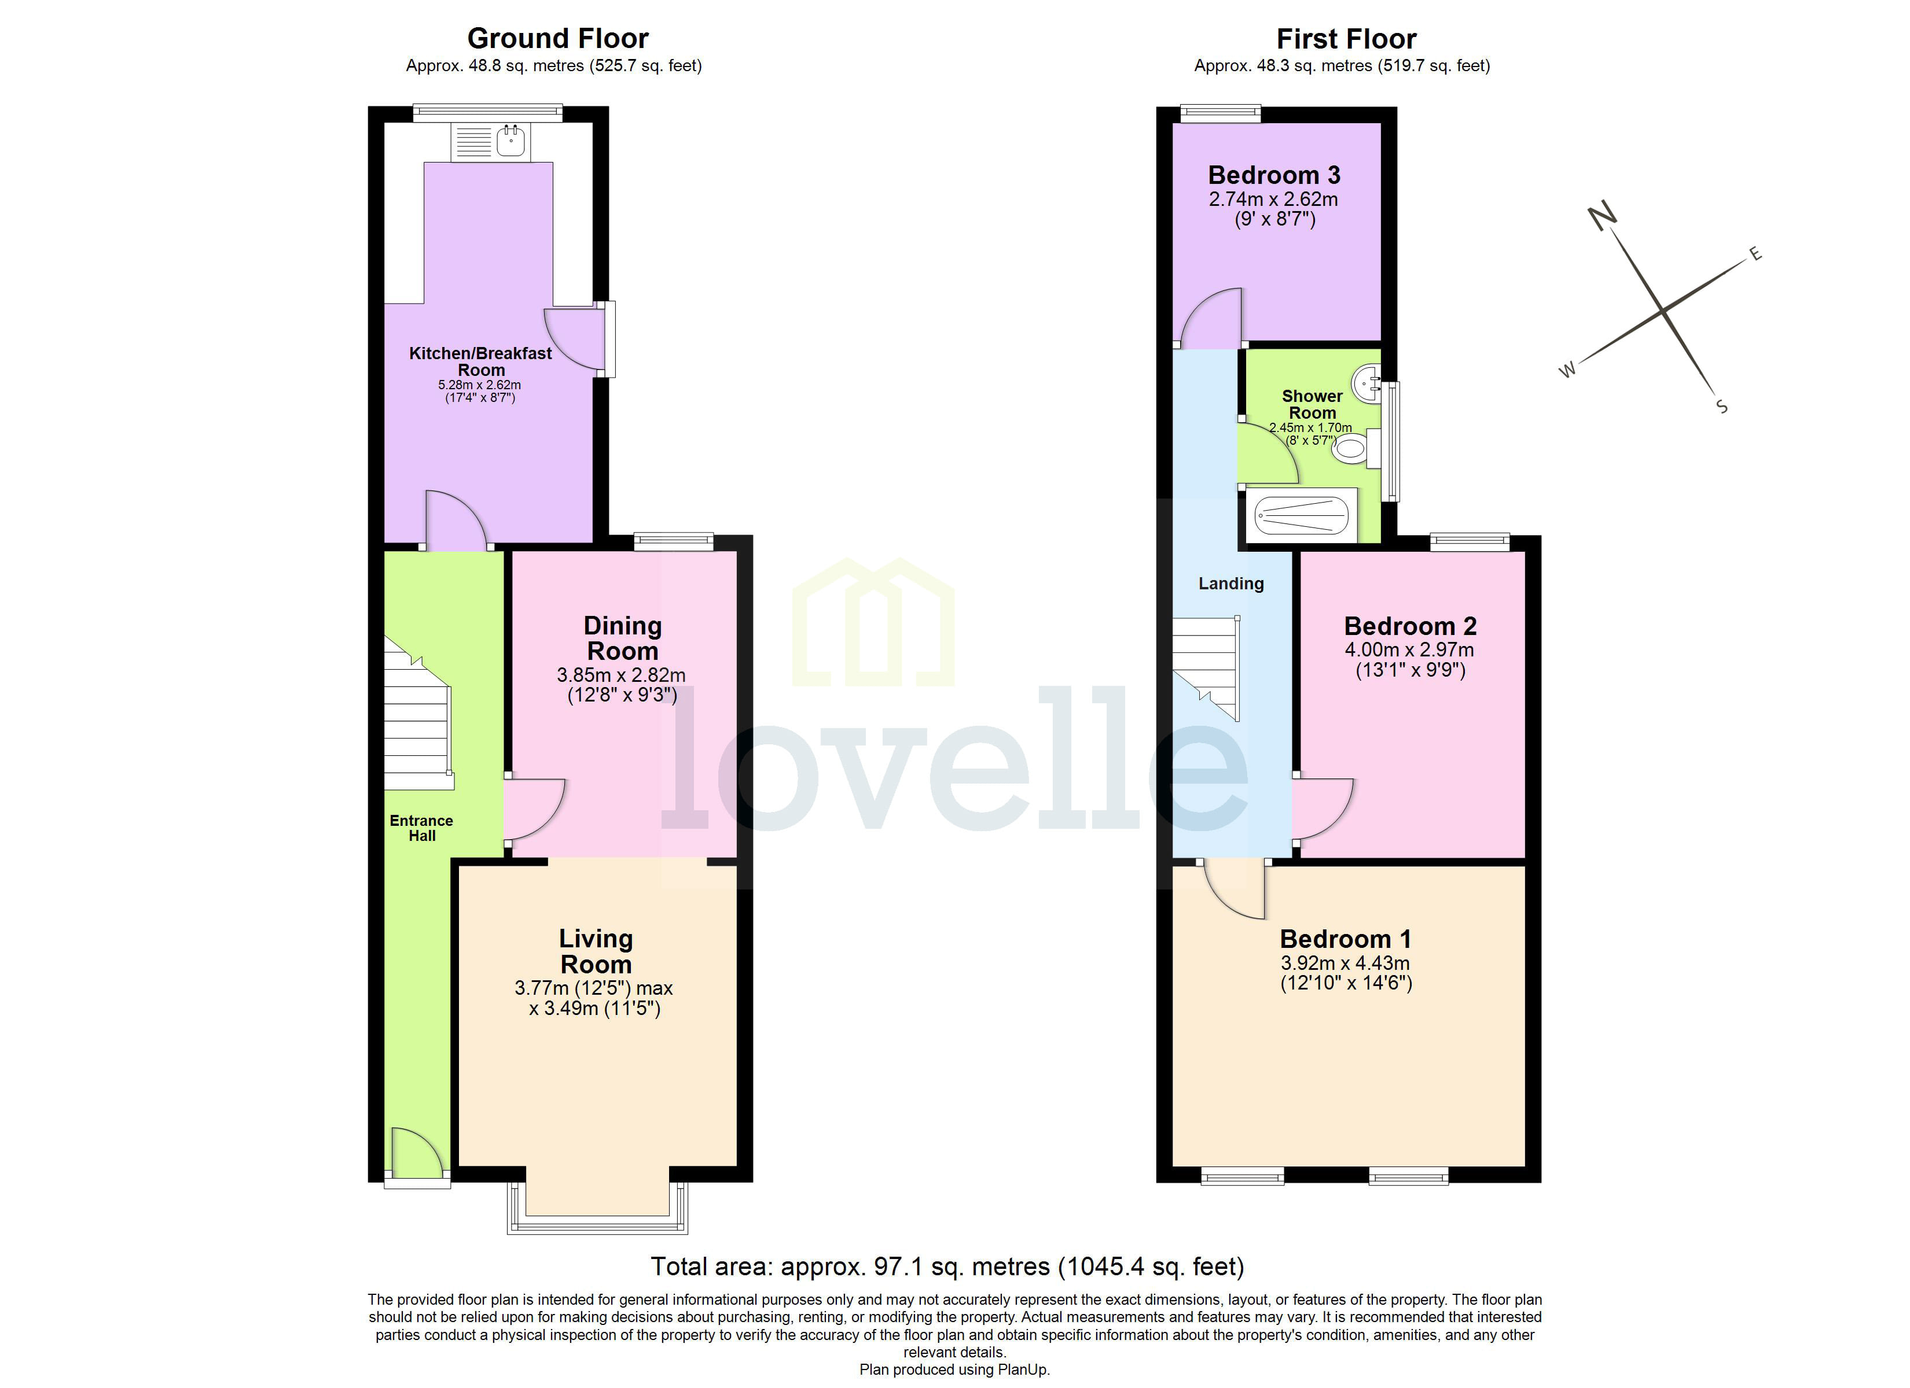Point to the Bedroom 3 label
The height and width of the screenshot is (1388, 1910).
pos(1273,175)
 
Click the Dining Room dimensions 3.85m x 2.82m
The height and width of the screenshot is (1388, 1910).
pos(620,675)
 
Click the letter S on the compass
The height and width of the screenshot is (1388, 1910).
pos(1721,407)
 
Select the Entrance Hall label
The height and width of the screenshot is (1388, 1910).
pos(421,828)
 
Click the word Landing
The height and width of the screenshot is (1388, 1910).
pos(1231,584)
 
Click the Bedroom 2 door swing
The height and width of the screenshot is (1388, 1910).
pos(1322,808)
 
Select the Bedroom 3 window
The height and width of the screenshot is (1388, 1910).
pos(1220,113)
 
